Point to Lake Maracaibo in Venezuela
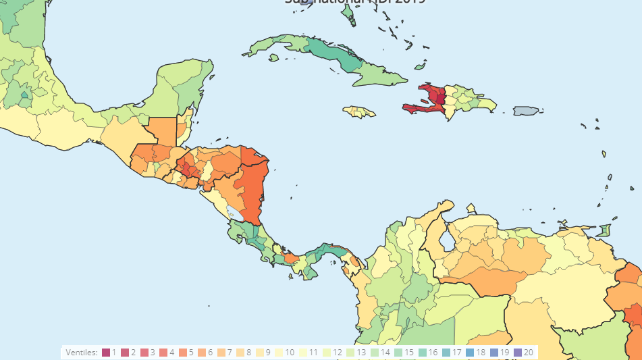coord(446,240)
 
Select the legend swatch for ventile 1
coord(106,353)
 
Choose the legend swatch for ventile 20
coord(518,353)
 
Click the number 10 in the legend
coord(290,353)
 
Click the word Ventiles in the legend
coord(82,353)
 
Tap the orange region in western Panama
coord(291,258)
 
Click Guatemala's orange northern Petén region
coord(161,132)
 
